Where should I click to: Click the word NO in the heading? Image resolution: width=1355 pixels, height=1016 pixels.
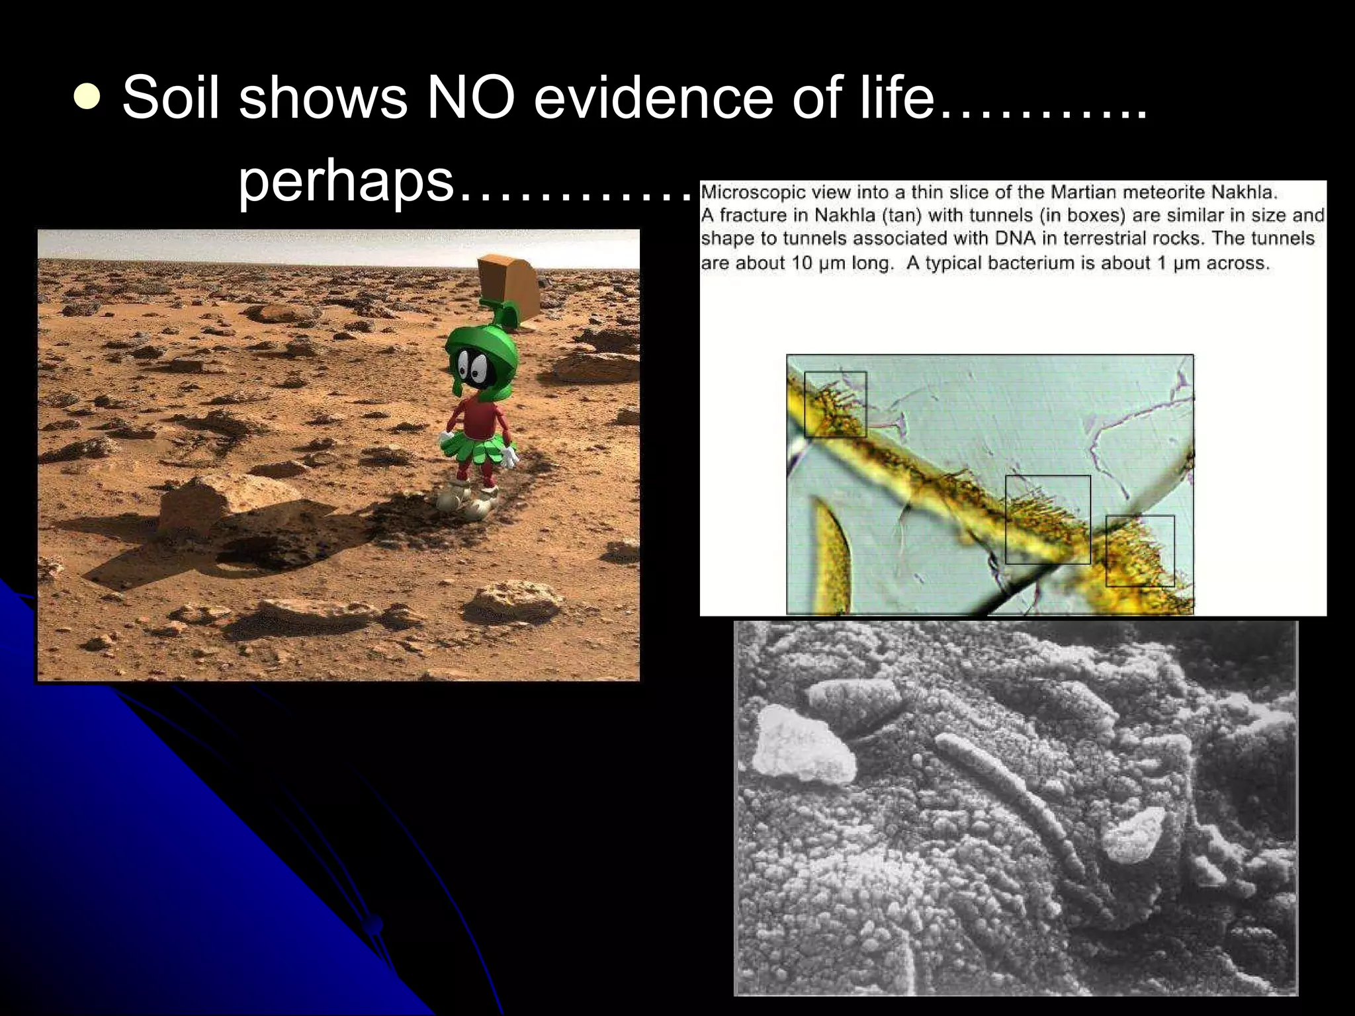pyautogui.click(x=470, y=98)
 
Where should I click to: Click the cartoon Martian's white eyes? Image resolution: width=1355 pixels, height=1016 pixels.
pyautogui.click(x=473, y=362)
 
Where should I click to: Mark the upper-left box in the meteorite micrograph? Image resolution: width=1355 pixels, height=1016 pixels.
pyautogui.click(x=835, y=404)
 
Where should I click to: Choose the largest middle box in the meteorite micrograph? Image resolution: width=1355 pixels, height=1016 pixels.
pyautogui.click(x=1047, y=519)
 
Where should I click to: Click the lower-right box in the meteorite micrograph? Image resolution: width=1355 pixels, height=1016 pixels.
pyautogui.click(x=1140, y=550)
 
